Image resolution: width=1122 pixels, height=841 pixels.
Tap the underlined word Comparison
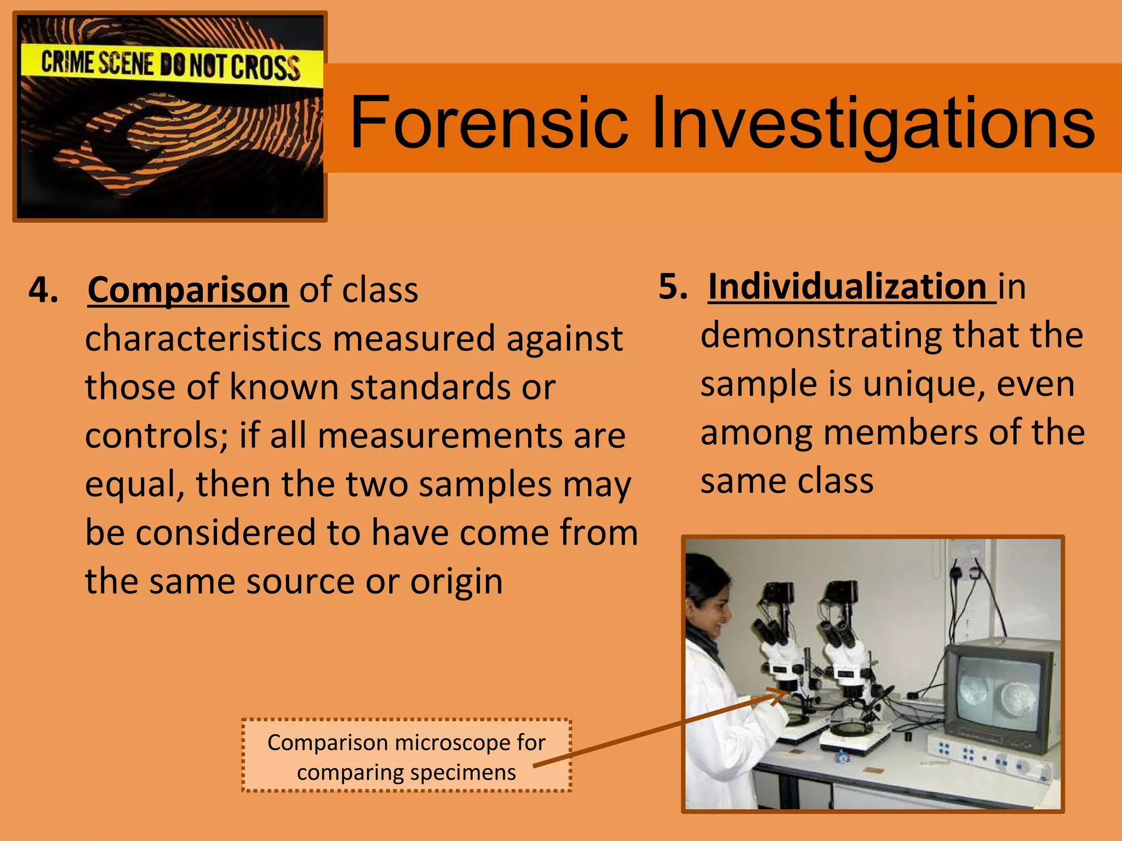pyautogui.click(x=188, y=290)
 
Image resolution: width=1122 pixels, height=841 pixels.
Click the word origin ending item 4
pyautogui.click(x=456, y=581)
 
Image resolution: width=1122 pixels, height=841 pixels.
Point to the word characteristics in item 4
pyautogui.click(x=203, y=338)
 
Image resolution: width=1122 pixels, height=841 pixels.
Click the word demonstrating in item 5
pyautogui.click(x=821, y=335)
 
